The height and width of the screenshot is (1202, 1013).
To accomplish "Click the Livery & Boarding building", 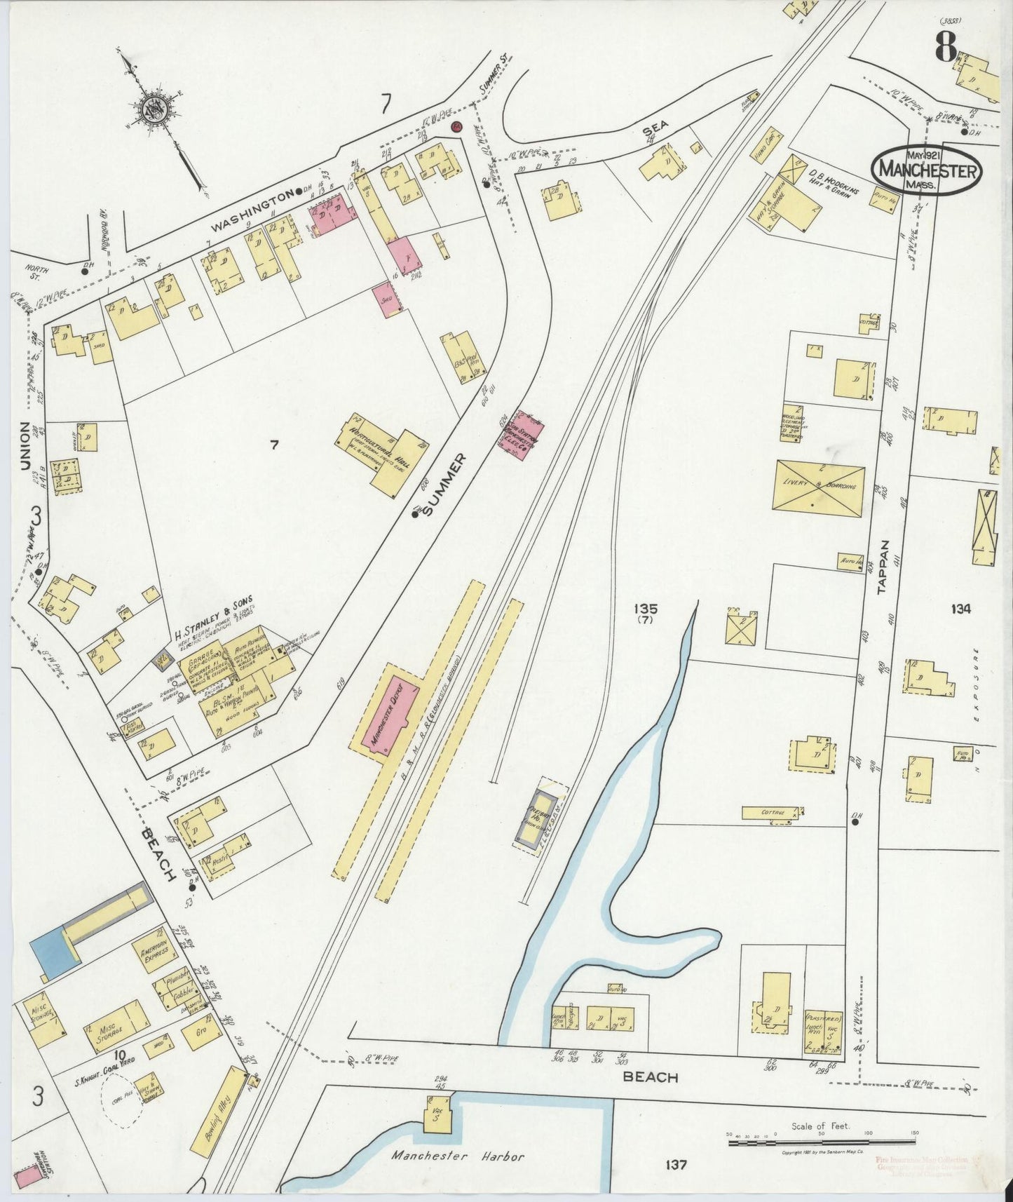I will tap(818, 488).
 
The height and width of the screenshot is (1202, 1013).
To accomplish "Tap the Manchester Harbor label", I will tap(458, 1156).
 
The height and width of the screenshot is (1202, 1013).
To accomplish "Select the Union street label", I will tap(25, 445).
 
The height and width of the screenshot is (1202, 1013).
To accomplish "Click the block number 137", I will tap(673, 1165).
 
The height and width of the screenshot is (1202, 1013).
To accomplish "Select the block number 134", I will tap(960, 609).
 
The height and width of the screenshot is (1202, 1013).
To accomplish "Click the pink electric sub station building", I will tap(530, 438).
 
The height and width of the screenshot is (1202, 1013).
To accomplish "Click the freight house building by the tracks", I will tap(538, 817).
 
